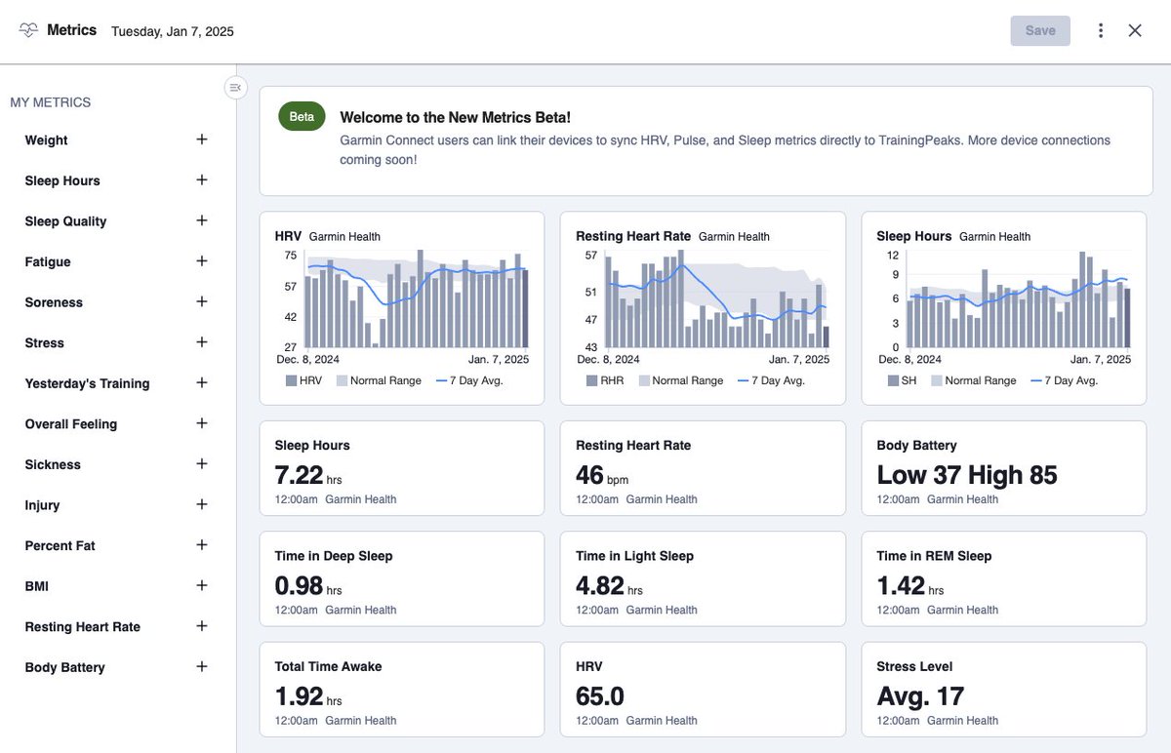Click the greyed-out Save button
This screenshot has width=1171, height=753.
[x=1040, y=31]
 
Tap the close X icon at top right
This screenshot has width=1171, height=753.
[x=1135, y=31]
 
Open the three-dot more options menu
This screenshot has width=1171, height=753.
[x=1101, y=31]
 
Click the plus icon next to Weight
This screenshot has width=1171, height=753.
[x=202, y=139]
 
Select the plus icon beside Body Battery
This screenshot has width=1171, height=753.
[x=202, y=667]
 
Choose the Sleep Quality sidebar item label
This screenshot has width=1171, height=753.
[x=65, y=221]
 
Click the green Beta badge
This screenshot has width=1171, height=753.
[x=302, y=117]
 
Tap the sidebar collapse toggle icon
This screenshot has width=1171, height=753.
[x=235, y=88]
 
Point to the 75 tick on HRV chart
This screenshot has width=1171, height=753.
[x=290, y=256]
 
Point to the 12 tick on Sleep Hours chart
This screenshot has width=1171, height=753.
[x=892, y=256]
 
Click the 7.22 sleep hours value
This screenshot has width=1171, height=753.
[x=299, y=476]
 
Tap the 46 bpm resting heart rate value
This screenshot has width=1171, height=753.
[x=590, y=476]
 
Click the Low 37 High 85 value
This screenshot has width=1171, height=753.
[x=966, y=476]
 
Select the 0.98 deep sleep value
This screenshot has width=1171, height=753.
[x=299, y=586]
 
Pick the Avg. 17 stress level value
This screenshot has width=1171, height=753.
[x=920, y=696]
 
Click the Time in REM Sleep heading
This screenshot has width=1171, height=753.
[x=934, y=556]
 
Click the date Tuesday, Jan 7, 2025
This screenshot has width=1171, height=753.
[x=173, y=31]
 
